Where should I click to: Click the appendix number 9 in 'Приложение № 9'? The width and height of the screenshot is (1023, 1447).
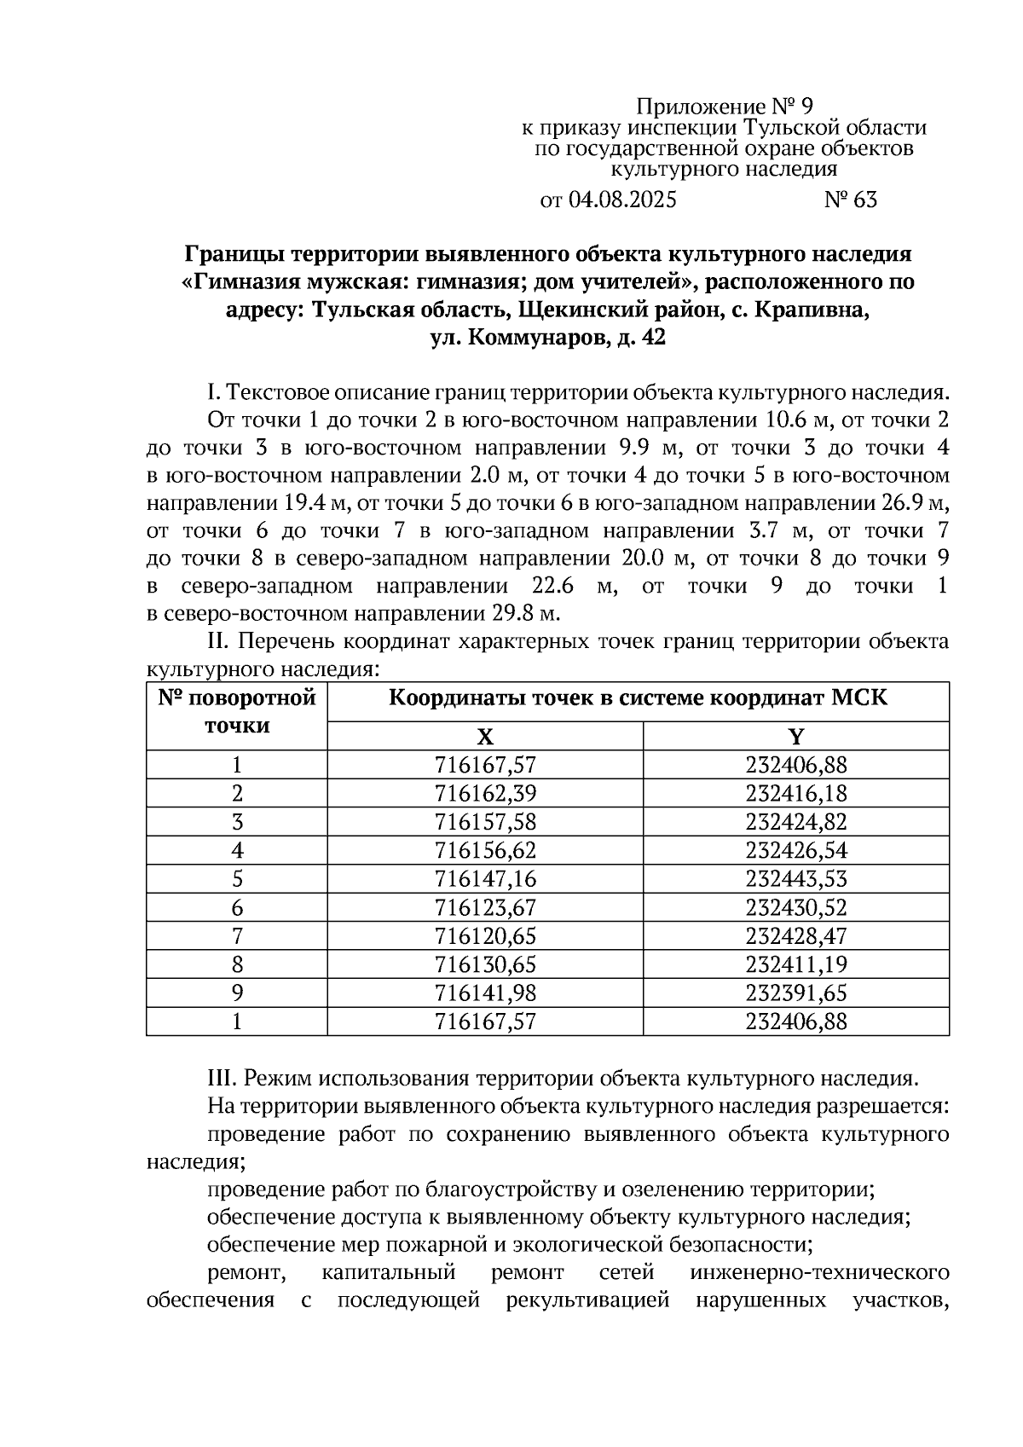point(806,107)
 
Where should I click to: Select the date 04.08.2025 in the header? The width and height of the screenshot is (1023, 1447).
point(621,200)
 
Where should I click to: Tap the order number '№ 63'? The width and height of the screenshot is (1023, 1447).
point(850,200)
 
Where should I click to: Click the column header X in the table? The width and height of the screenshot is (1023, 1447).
point(484,737)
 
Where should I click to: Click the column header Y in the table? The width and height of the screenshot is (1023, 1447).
point(795,737)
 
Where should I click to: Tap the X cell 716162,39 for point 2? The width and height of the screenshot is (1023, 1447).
point(484,793)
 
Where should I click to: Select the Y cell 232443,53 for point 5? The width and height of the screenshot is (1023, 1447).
point(795,878)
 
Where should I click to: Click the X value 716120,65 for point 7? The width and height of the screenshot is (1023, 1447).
point(484,935)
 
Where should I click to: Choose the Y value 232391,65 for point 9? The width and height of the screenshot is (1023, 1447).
point(795,993)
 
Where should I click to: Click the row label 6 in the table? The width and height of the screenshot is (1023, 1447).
point(237,907)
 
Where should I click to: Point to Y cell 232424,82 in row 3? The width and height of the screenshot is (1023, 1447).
point(795,822)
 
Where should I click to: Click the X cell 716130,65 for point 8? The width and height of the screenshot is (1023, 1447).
point(484,964)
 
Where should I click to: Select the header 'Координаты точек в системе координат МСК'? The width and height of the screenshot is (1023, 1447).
point(638,698)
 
